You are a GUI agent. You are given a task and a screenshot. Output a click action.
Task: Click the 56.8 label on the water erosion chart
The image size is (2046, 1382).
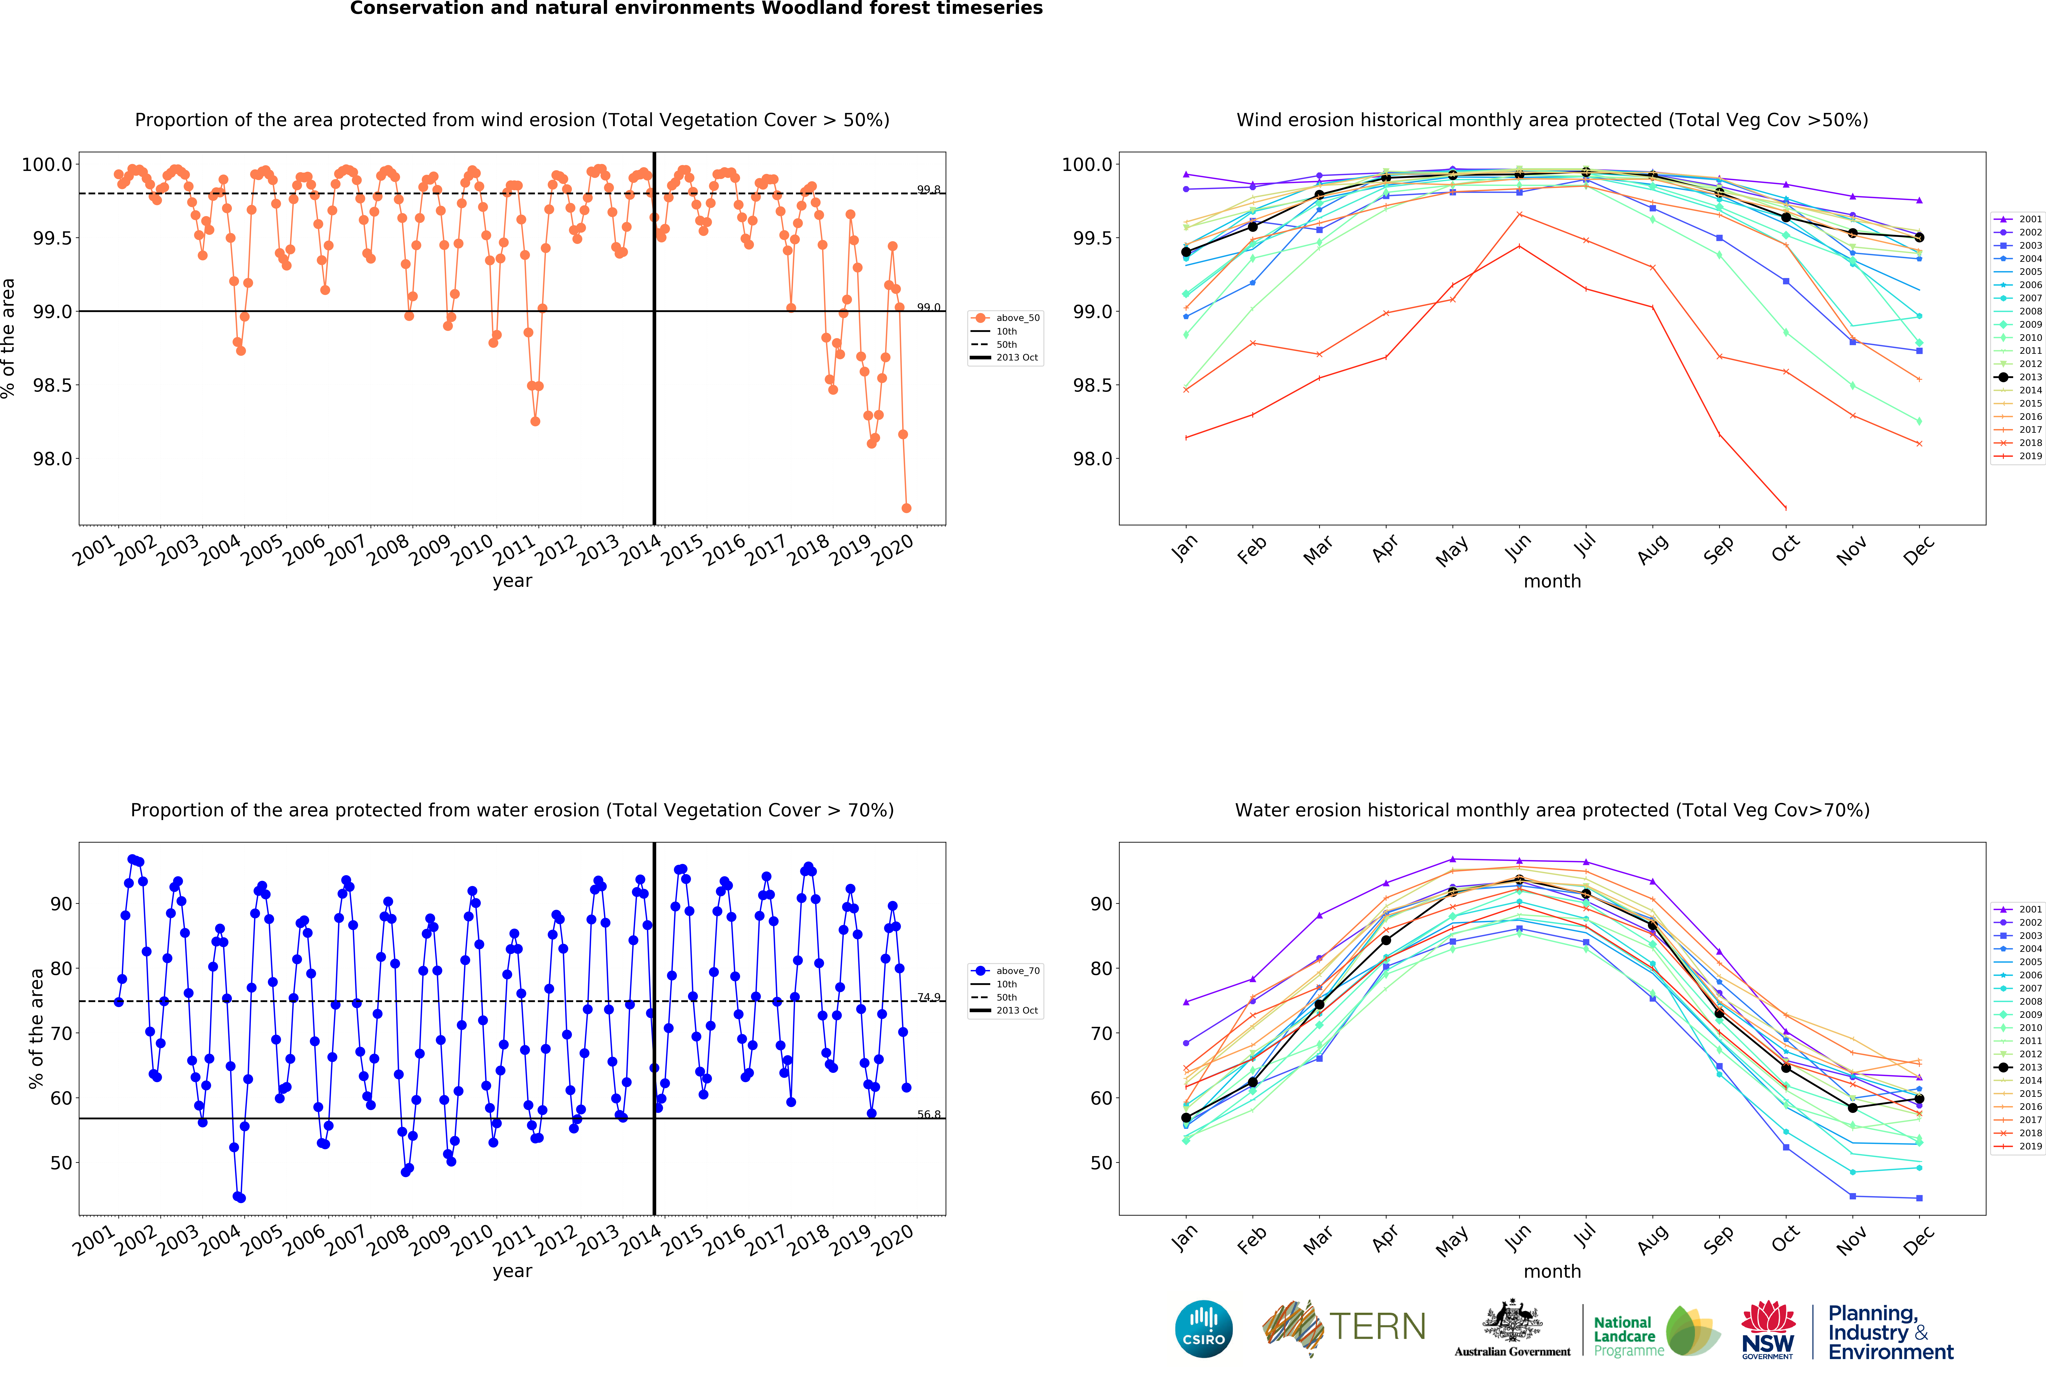coord(928,1114)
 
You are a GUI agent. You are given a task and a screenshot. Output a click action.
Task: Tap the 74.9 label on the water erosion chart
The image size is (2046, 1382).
coord(928,997)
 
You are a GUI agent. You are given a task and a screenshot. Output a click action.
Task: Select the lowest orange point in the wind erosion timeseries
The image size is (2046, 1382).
coord(906,508)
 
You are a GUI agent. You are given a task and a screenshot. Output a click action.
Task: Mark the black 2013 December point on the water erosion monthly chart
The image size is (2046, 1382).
coord(1919,1099)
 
